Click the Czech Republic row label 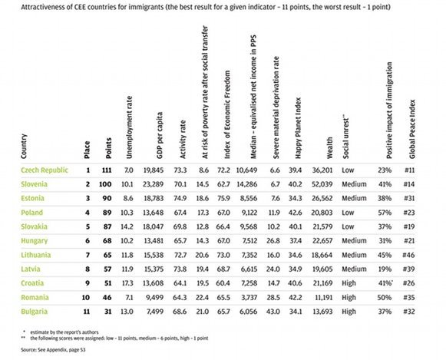click(45, 170)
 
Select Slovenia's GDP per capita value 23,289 click(153, 184)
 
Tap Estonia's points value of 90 click(107, 198)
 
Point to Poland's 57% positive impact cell click(385, 213)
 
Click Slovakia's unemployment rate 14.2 click(127, 226)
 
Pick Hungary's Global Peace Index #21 click(409, 240)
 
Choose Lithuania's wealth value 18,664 click(322, 255)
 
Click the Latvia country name click(31, 269)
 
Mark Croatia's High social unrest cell click(349, 283)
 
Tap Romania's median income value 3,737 click(249, 297)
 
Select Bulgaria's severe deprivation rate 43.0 click(273, 312)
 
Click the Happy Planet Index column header click(298, 128)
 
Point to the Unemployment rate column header click(129, 127)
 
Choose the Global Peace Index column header click(412, 129)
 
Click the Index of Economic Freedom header click(227, 114)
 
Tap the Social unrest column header click(345, 137)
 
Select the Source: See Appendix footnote click(53, 350)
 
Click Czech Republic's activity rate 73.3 click(180, 170)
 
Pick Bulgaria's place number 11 click(87, 312)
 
